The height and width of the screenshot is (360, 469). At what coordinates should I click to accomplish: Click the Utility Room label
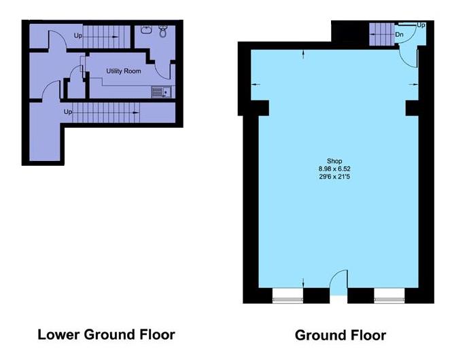click(123, 71)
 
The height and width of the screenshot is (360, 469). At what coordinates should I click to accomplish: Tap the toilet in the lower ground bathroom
click(163, 31)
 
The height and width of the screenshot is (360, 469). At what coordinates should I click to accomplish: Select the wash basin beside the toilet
click(146, 30)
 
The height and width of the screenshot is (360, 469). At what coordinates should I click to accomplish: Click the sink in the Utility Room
click(160, 92)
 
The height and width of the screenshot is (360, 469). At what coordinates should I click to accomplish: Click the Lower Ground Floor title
click(106, 334)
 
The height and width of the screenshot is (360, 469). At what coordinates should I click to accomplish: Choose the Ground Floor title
click(340, 336)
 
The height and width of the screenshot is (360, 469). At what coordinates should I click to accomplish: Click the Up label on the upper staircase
click(78, 35)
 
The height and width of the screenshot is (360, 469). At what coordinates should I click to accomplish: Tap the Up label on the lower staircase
click(67, 111)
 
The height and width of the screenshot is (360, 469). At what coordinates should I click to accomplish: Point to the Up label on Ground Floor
click(421, 25)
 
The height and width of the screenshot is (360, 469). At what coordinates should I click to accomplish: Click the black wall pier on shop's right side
click(412, 108)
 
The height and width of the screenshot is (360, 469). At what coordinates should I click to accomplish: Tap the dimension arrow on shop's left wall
click(256, 84)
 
